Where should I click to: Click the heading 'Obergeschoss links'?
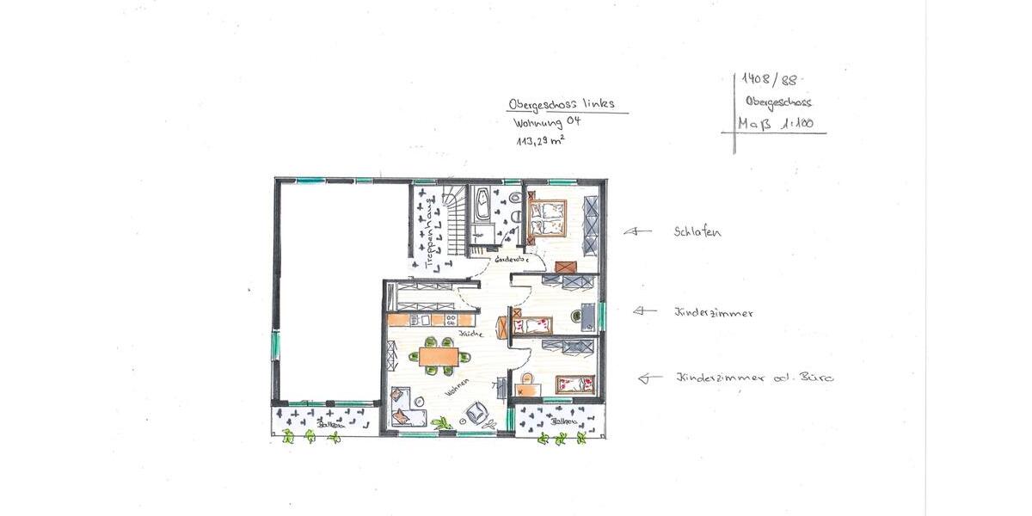click(x=562, y=104)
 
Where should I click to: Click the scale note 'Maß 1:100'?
click(x=776, y=124)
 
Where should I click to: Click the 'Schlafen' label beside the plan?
click(x=697, y=231)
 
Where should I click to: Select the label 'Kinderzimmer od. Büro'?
click(x=754, y=378)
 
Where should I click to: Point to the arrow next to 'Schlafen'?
click(x=637, y=230)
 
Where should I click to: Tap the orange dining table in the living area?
click(x=444, y=357)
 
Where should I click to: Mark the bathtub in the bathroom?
click(x=482, y=205)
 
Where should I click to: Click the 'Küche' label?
click(x=470, y=333)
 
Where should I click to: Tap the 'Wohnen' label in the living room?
click(x=457, y=389)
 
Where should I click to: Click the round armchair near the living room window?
click(x=476, y=414)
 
